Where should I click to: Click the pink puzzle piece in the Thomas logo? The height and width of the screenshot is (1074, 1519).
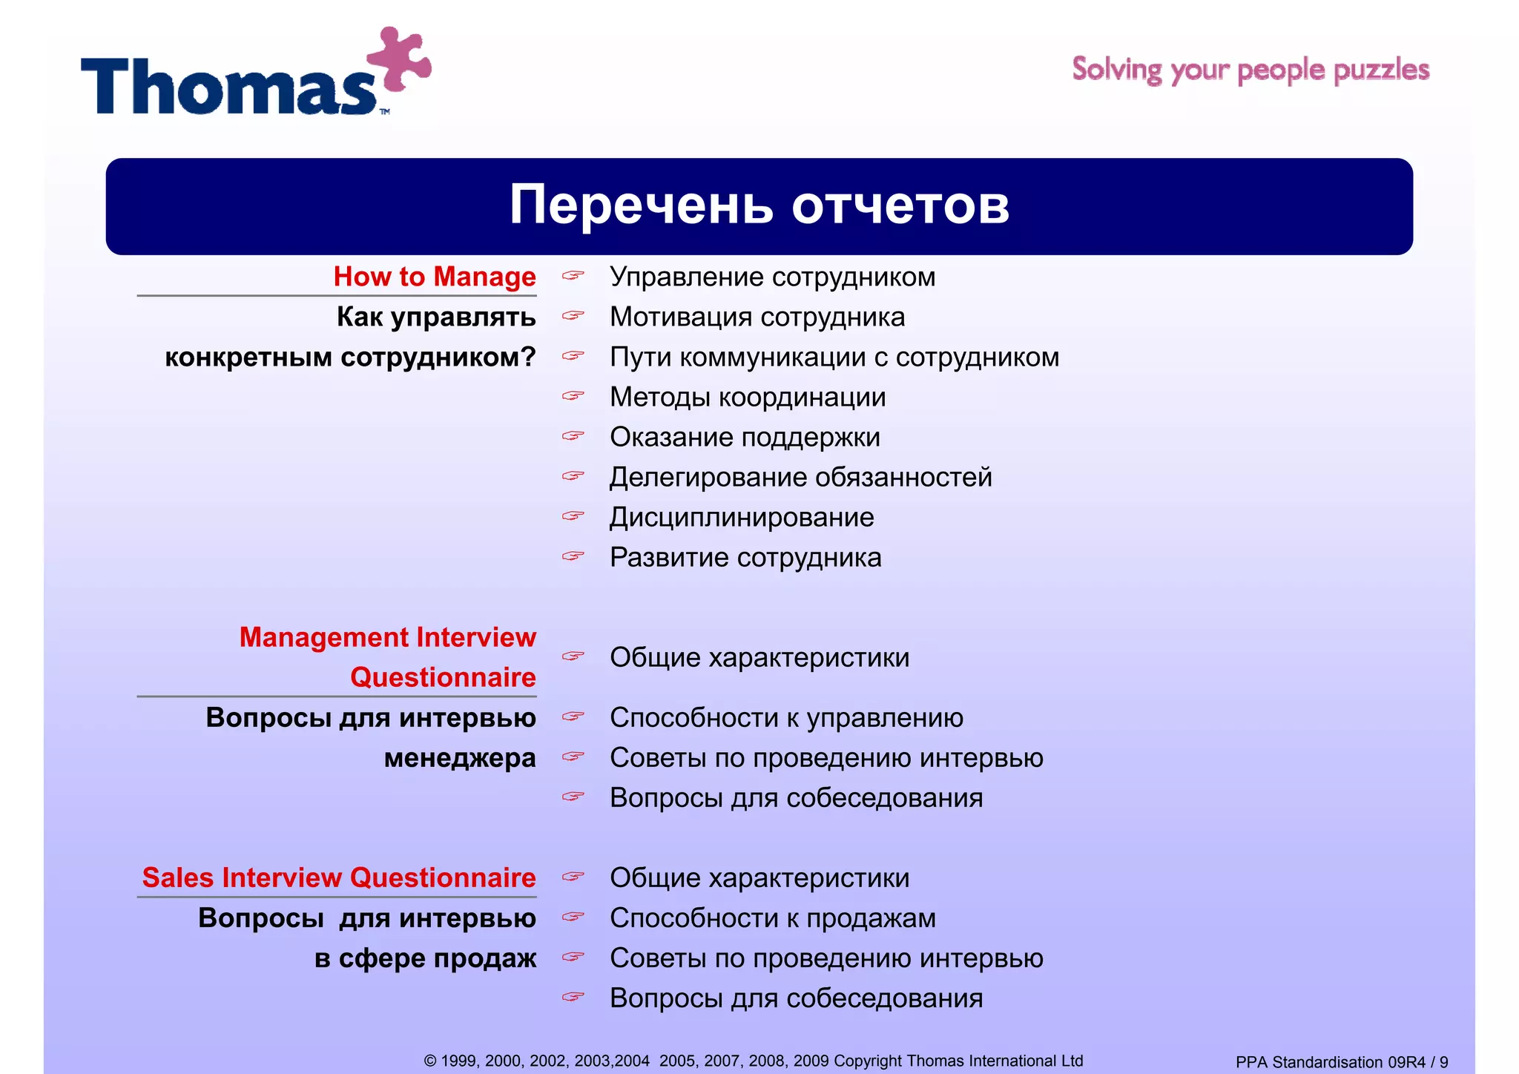click(398, 60)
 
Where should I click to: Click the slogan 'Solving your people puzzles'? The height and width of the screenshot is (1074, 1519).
click(1251, 70)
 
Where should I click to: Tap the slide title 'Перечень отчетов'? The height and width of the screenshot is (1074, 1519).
click(759, 205)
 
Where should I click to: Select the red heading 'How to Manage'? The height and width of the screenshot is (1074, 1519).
click(434, 277)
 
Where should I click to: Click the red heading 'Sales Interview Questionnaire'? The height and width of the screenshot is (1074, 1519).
click(338, 877)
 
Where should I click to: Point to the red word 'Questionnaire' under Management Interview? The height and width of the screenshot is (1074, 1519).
click(443, 677)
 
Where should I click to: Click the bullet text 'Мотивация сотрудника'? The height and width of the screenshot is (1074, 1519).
click(757, 317)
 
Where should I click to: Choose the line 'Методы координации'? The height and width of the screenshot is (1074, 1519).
click(747, 398)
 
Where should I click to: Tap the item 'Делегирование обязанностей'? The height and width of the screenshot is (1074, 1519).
click(800, 478)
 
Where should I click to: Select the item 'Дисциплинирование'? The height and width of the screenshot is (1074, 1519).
click(741, 518)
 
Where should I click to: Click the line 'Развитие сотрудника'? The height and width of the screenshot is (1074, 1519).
click(745, 558)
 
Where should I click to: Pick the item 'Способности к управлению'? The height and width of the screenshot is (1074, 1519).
click(786, 718)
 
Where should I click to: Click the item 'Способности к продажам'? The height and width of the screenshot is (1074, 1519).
click(772, 918)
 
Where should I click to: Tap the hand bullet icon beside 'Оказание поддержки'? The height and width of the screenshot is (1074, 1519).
click(573, 436)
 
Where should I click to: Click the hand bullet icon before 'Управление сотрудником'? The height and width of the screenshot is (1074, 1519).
click(573, 276)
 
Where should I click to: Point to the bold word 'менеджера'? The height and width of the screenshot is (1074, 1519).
click(460, 758)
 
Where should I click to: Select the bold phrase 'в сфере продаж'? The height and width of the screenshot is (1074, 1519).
click(425, 958)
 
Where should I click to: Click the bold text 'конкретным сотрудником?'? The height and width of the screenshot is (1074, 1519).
click(350, 358)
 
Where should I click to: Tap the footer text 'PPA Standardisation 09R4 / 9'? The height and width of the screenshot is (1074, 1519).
click(1341, 1062)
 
